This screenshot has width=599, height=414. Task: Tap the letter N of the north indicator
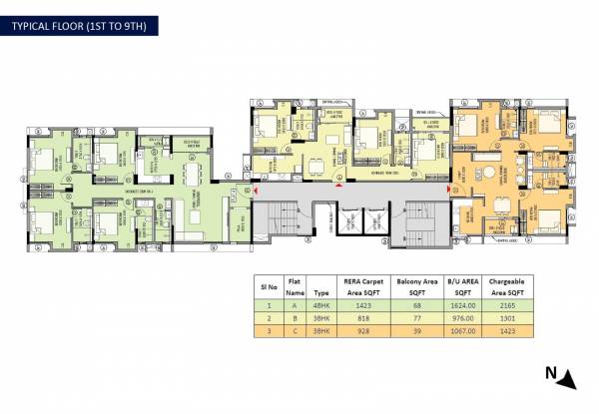(550, 374)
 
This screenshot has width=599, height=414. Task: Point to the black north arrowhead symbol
(566, 378)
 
